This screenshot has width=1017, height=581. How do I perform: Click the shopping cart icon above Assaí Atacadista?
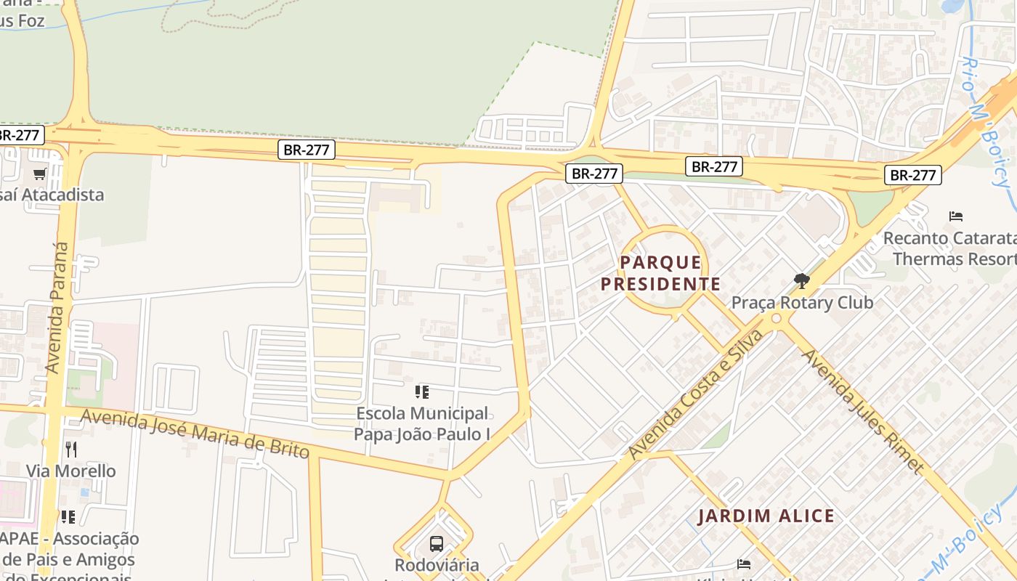point(40,174)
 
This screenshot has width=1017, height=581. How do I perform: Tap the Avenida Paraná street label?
point(58,307)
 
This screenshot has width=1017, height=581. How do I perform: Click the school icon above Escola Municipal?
point(422,393)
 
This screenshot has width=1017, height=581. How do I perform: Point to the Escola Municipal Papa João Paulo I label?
point(422,423)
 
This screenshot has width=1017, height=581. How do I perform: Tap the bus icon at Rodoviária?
point(437,543)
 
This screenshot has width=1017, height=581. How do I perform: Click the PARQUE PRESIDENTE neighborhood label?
point(660,273)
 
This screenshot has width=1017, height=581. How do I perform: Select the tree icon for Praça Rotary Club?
point(802,280)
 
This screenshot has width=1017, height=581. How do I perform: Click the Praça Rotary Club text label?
point(802,302)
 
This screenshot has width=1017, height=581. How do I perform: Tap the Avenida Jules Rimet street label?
point(862,410)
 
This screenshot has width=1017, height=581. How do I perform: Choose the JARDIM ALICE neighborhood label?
point(766,516)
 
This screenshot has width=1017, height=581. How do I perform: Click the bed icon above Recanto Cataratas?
point(956,216)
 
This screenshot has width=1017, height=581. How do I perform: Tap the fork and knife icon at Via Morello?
point(70,450)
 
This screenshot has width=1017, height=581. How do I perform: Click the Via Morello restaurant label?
point(70,471)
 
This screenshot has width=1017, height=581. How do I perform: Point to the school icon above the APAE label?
point(68,517)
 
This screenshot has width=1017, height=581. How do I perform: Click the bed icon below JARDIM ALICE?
point(744,564)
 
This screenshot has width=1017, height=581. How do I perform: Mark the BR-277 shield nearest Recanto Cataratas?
point(912,175)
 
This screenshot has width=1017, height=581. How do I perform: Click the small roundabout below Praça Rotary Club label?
point(777,319)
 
